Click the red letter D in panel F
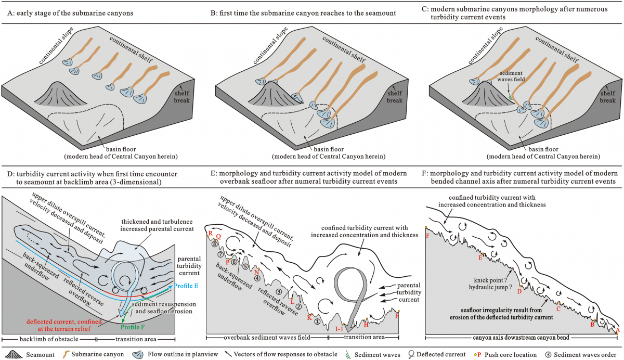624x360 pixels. [519, 291]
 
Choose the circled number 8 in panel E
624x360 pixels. [214, 244]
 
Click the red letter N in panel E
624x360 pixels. [256, 270]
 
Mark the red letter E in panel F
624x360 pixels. [480, 258]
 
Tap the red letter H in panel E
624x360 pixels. [366, 324]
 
